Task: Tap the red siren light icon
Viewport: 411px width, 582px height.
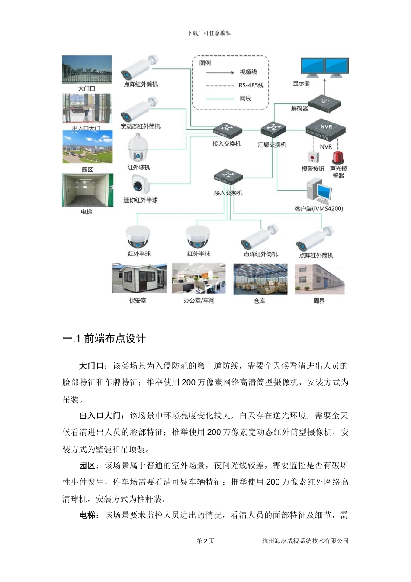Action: (338, 156)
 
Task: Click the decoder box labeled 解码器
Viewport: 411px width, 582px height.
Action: (324, 103)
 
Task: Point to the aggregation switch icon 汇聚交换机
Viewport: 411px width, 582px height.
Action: (273, 129)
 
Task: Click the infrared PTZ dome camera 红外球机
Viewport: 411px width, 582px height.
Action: (138, 147)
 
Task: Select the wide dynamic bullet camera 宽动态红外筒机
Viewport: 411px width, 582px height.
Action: (139, 110)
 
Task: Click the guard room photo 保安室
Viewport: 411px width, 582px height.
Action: (139, 278)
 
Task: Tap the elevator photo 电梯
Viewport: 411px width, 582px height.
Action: (87, 191)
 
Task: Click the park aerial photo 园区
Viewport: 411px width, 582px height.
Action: (87, 147)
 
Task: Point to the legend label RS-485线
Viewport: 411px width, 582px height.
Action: (251, 85)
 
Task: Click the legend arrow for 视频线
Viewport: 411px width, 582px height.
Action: (220, 72)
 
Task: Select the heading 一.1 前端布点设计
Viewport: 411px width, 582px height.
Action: (104, 339)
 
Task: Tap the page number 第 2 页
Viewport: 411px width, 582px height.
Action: (205, 541)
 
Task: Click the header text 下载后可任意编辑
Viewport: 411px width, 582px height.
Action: (209, 33)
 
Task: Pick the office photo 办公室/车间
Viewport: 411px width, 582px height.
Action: (199, 278)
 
